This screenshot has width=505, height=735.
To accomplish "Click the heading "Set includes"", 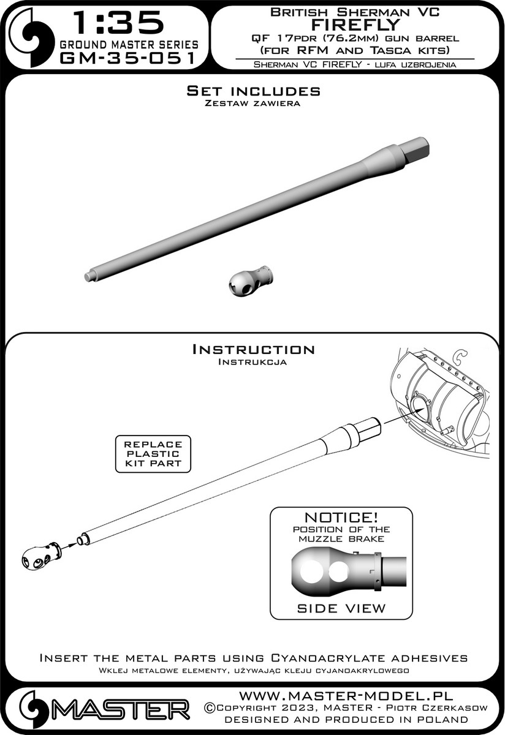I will tap(253, 91).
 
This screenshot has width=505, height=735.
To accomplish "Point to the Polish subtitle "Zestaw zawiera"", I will tap(253, 104).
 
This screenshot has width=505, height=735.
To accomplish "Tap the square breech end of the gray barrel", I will tap(417, 148).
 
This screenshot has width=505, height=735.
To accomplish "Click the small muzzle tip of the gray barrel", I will tap(90, 275).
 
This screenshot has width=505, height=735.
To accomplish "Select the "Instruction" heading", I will tap(253, 349).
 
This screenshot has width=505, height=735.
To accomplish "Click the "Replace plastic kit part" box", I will tap(153, 454).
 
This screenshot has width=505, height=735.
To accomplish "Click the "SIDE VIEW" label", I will tap(341, 608).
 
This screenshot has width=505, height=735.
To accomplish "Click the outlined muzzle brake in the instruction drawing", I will tap(40, 555).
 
